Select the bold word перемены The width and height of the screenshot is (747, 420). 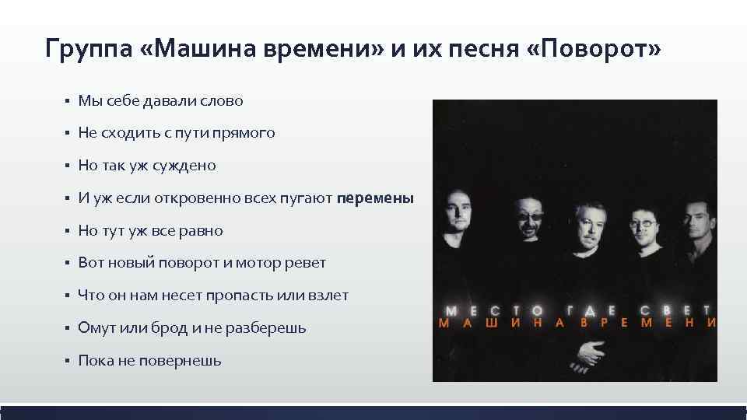(x=376, y=198)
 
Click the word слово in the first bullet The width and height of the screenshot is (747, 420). (x=222, y=101)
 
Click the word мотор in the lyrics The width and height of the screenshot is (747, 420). (x=261, y=263)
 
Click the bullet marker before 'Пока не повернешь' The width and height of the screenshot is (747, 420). (x=68, y=361)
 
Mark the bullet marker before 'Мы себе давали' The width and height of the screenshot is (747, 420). (x=68, y=101)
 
